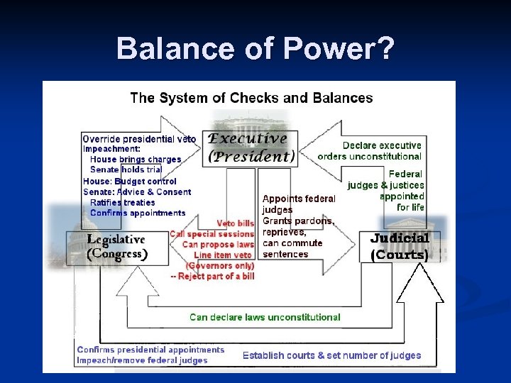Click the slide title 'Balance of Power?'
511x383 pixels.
(255, 48)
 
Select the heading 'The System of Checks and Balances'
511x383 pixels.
(251, 98)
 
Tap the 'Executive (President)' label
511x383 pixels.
(249, 148)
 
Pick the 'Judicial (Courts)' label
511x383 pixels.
(399, 246)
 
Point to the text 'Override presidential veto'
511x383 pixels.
(139, 139)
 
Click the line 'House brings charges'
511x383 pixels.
(136, 160)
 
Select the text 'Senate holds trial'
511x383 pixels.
(126, 170)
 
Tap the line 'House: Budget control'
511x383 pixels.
(130, 181)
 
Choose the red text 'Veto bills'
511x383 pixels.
(235, 223)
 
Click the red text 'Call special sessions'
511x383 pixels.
(211, 234)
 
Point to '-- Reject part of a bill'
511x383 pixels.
(212, 276)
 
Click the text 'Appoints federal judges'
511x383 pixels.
(298, 204)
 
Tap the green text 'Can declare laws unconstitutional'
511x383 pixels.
(265, 317)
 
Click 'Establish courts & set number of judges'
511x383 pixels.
(331, 355)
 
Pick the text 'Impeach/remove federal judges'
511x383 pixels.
(143, 360)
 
